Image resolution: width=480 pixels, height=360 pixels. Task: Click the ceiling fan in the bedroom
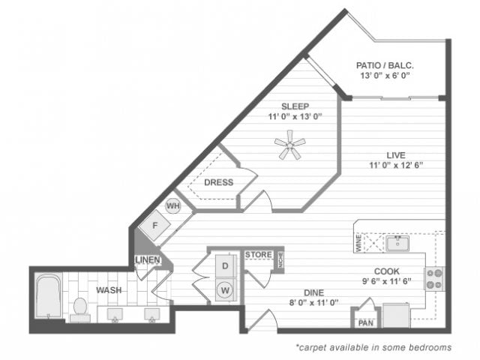(289, 145)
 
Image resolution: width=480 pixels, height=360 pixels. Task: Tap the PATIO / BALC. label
(385, 65)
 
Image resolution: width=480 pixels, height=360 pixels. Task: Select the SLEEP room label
(295, 106)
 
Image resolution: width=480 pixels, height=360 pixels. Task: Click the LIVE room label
(395, 154)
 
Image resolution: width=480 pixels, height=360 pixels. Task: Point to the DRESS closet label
(218, 182)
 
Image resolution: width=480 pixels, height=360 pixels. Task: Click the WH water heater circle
(172, 205)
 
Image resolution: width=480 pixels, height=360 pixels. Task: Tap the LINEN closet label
(147, 260)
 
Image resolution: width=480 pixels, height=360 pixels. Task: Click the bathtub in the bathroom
(47, 298)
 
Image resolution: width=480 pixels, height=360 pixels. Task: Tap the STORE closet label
(258, 255)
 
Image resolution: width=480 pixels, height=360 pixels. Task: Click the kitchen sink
(396, 242)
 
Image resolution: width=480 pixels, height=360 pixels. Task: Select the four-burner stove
(434, 278)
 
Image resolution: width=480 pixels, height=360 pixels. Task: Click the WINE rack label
(358, 242)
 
